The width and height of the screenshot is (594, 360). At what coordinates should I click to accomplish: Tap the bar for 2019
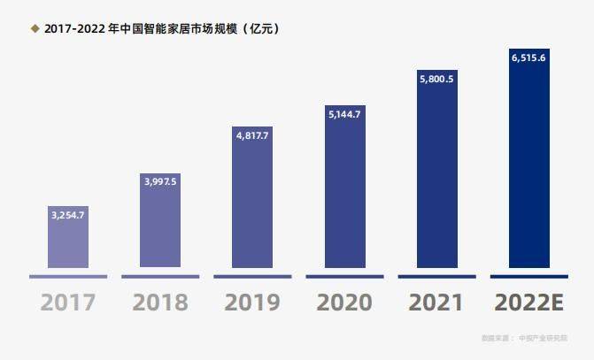pyautogui.click(x=252, y=203)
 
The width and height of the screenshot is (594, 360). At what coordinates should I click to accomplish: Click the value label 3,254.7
pyautogui.click(x=68, y=215)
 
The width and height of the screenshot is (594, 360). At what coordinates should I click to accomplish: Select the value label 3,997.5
pyautogui.click(x=160, y=180)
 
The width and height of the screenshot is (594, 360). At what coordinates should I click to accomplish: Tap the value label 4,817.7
pyautogui.click(x=252, y=135)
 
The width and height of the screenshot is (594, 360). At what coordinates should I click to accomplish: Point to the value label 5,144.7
pyautogui.click(x=344, y=114)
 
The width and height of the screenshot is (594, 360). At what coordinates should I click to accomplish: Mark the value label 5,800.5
pyautogui.click(x=437, y=79)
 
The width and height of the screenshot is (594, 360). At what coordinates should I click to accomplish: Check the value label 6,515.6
pyautogui.click(x=529, y=57)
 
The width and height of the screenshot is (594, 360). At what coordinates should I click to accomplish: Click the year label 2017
pyautogui.click(x=68, y=302)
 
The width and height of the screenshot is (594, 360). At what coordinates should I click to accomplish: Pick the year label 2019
pyautogui.click(x=252, y=302)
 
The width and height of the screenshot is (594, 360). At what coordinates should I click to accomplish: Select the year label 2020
pyautogui.click(x=344, y=302)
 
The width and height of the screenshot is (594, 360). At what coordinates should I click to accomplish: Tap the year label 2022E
pyautogui.click(x=529, y=302)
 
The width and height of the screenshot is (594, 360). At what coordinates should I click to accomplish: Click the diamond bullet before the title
pyautogui.click(x=35, y=29)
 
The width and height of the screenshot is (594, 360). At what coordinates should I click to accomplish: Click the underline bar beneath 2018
pyautogui.click(x=160, y=277)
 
